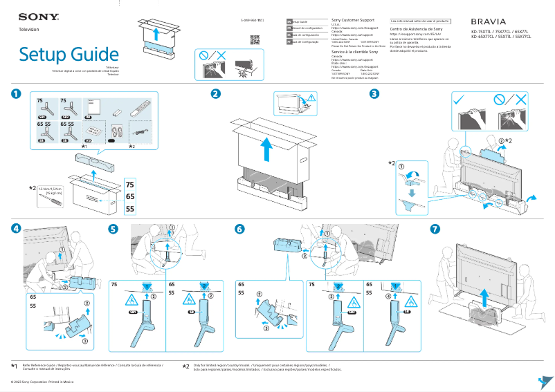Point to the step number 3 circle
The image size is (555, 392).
click(x=374, y=94)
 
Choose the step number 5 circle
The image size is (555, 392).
click(x=113, y=228)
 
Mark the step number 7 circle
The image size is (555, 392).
click(x=435, y=228)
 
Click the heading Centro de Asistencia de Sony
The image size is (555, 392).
click(x=416, y=30)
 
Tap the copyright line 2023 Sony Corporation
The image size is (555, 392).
click(x=41, y=382)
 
